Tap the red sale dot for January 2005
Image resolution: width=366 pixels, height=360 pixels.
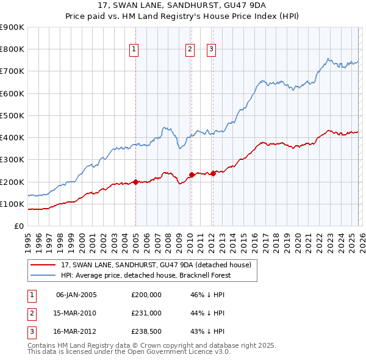[135, 182]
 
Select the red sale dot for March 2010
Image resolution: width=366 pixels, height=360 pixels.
[192, 175]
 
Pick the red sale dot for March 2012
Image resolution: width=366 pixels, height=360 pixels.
[213, 173]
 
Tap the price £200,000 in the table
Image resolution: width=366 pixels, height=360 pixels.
[146, 295]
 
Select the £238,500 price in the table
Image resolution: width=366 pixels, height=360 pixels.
[146, 331]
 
